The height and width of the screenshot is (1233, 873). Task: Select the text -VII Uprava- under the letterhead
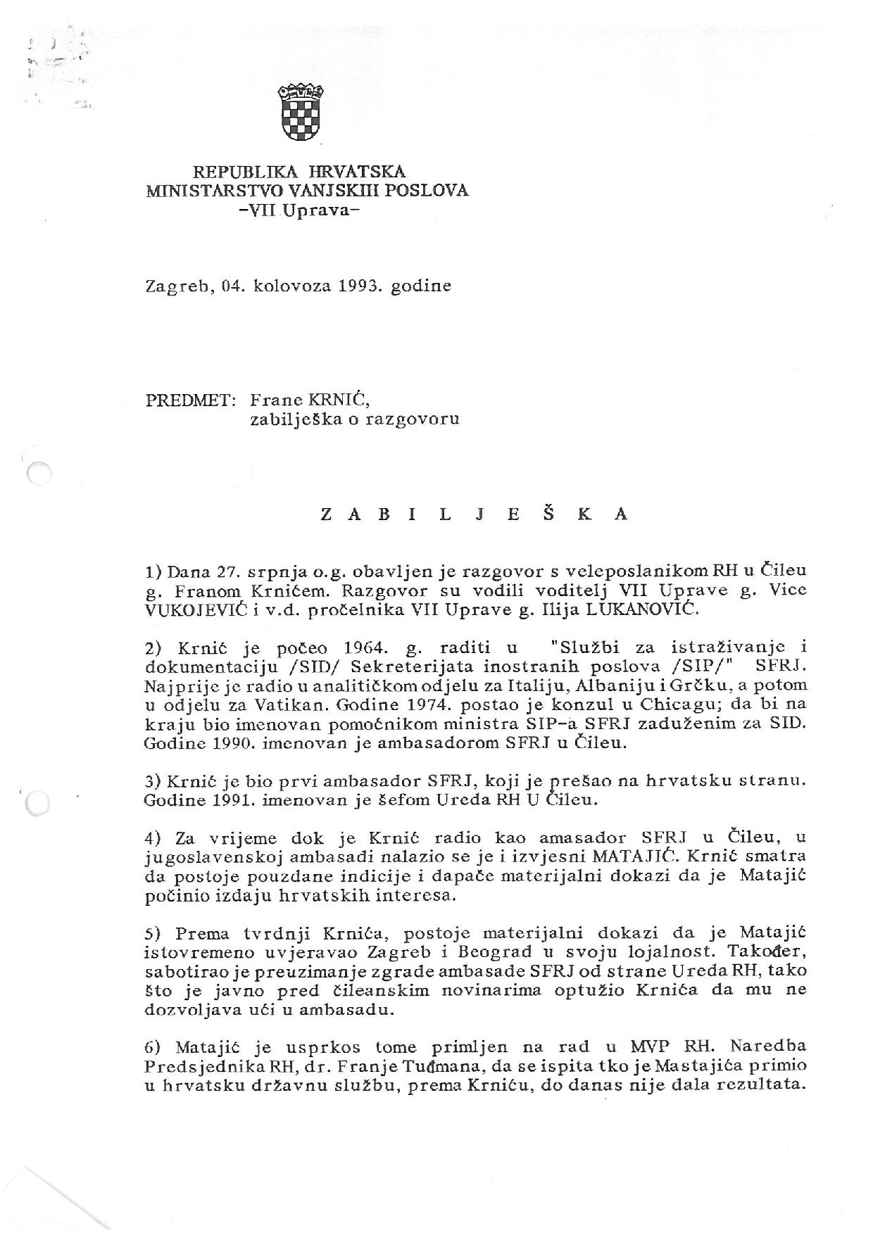point(299,210)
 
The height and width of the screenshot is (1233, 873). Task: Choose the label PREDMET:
point(190,400)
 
